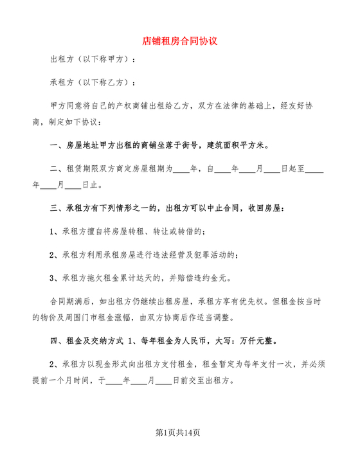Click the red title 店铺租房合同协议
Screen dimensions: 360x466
point(180,40)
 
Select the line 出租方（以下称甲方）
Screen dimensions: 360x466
point(93,60)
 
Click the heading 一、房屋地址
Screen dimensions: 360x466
point(78,145)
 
